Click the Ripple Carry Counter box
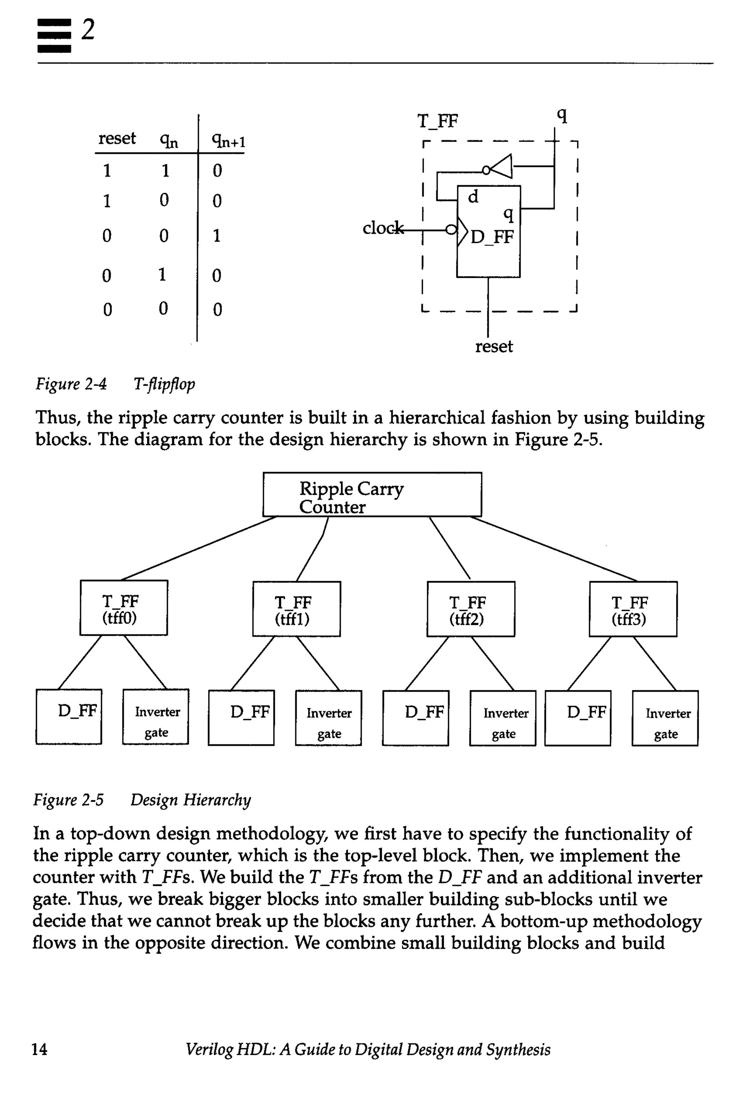click(x=372, y=494)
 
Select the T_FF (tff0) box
click(x=124, y=608)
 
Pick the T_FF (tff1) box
click(x=296, y=609)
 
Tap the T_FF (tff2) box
click(x=470, y=609)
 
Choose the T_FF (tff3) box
click(x=633, y=609)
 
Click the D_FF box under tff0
click(x=69, y=717)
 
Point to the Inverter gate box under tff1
click(x=328, y=718)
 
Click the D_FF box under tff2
click(x=415, y=718)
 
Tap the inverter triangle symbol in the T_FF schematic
click(x=500, y=167)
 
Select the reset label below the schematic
click(x=494, y=346)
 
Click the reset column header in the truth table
click(x=117, y=138)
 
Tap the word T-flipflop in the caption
click(x=164, y=384)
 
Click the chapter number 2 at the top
click(x=88, y=29)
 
